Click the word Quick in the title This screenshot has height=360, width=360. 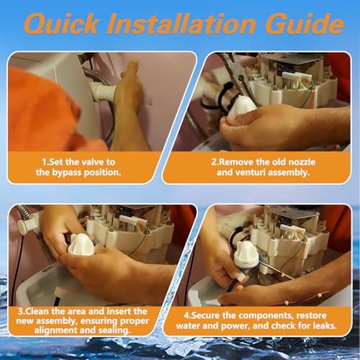(x=61, y=24)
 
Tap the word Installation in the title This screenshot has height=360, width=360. (x=181, y=24)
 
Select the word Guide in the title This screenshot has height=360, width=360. (x=305, y=24)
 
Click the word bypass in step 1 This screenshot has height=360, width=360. (x=66, y=173)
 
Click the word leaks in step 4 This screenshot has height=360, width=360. (x=325, y=325)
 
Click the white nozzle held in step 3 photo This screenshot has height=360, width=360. (x=81, y=245)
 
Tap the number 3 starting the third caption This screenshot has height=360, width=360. (x=20, y=312)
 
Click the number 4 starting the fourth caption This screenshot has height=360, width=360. (x=186, y=315)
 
